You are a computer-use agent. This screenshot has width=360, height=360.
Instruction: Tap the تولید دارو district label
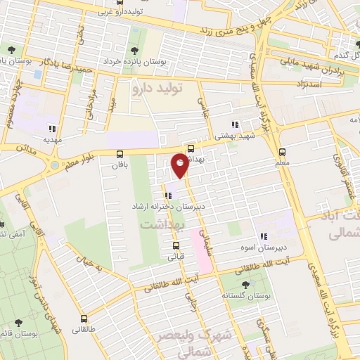[x=158, y=89]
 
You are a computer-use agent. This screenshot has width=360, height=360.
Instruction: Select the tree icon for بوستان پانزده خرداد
[x=134, y=50]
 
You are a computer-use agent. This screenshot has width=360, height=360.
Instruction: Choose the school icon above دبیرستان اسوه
[x=264, y=236]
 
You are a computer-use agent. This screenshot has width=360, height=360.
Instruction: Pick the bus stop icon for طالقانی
[x=84, y=318]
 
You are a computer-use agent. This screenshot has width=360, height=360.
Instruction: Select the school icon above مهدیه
[x=51, y=128]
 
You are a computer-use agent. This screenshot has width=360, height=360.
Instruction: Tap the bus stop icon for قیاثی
[x=176, y=245]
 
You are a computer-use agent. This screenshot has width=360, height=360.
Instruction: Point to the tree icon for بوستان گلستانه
[x=245, y=285]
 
